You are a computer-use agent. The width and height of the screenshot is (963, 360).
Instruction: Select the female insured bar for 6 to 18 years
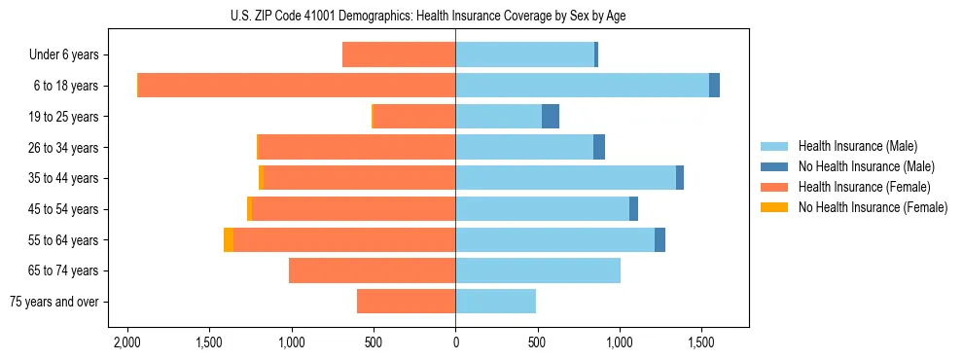point(297,86)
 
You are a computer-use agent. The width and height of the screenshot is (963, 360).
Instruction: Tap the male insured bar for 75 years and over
point(495,302)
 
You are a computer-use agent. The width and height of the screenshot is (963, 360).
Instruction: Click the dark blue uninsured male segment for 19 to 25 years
point(551,117)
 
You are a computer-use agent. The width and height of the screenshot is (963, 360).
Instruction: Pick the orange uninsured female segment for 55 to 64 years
point(229,240)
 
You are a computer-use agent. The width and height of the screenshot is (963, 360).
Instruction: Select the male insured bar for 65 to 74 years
point(538,270)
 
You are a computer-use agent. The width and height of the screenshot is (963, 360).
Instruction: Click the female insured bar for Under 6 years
point(399,55)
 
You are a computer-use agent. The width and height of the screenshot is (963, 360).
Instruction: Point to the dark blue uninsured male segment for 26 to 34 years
point(599,148)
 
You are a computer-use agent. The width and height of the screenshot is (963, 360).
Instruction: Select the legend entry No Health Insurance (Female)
point(873,207)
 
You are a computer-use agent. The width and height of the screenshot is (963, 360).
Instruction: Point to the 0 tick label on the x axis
point(455,342)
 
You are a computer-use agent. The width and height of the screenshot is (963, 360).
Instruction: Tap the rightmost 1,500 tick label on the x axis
point(701,342)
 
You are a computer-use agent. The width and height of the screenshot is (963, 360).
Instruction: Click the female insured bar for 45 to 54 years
point(354,209)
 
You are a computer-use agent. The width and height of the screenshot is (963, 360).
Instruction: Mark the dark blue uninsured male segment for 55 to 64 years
point(660,240)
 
